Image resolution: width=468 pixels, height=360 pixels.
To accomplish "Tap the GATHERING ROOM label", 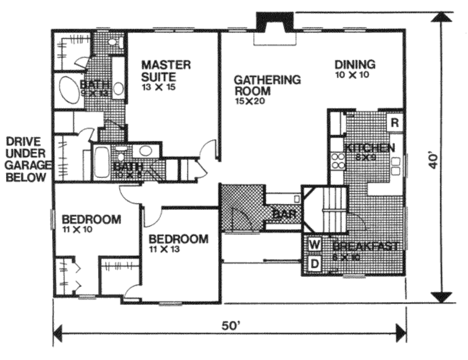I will tap(267, 85).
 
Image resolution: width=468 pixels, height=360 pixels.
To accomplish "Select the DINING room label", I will tap(355, 64).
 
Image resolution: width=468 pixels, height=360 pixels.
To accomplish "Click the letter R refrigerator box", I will tap(395, 122).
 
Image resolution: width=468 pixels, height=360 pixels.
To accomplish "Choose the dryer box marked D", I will tap(314, 263).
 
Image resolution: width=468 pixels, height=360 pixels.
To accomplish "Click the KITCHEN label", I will tap(369, 148).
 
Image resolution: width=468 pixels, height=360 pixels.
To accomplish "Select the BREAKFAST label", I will tap(365, 246).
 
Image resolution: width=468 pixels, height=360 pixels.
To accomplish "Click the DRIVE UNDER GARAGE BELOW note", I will tap(26, 159).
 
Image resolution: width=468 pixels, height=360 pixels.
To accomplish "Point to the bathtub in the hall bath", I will tap(101, 162).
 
